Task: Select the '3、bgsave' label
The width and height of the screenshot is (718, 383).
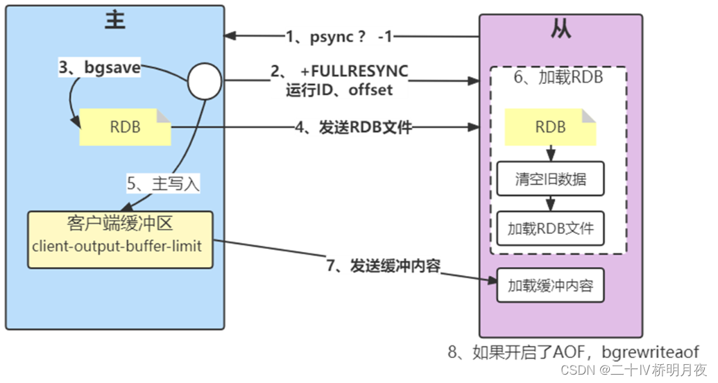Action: (100, 69)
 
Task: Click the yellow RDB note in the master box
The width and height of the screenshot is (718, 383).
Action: (125, 127)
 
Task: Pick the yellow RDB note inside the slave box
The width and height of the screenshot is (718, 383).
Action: (551, 127)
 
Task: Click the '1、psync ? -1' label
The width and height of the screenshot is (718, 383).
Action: (339, 36)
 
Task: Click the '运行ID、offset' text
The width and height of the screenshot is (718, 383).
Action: (339, 90)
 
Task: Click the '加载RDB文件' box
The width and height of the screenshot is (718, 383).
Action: (551, 227)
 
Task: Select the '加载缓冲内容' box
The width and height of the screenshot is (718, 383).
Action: (551, 285)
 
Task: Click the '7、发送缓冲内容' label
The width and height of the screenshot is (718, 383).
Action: (383, 266)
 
